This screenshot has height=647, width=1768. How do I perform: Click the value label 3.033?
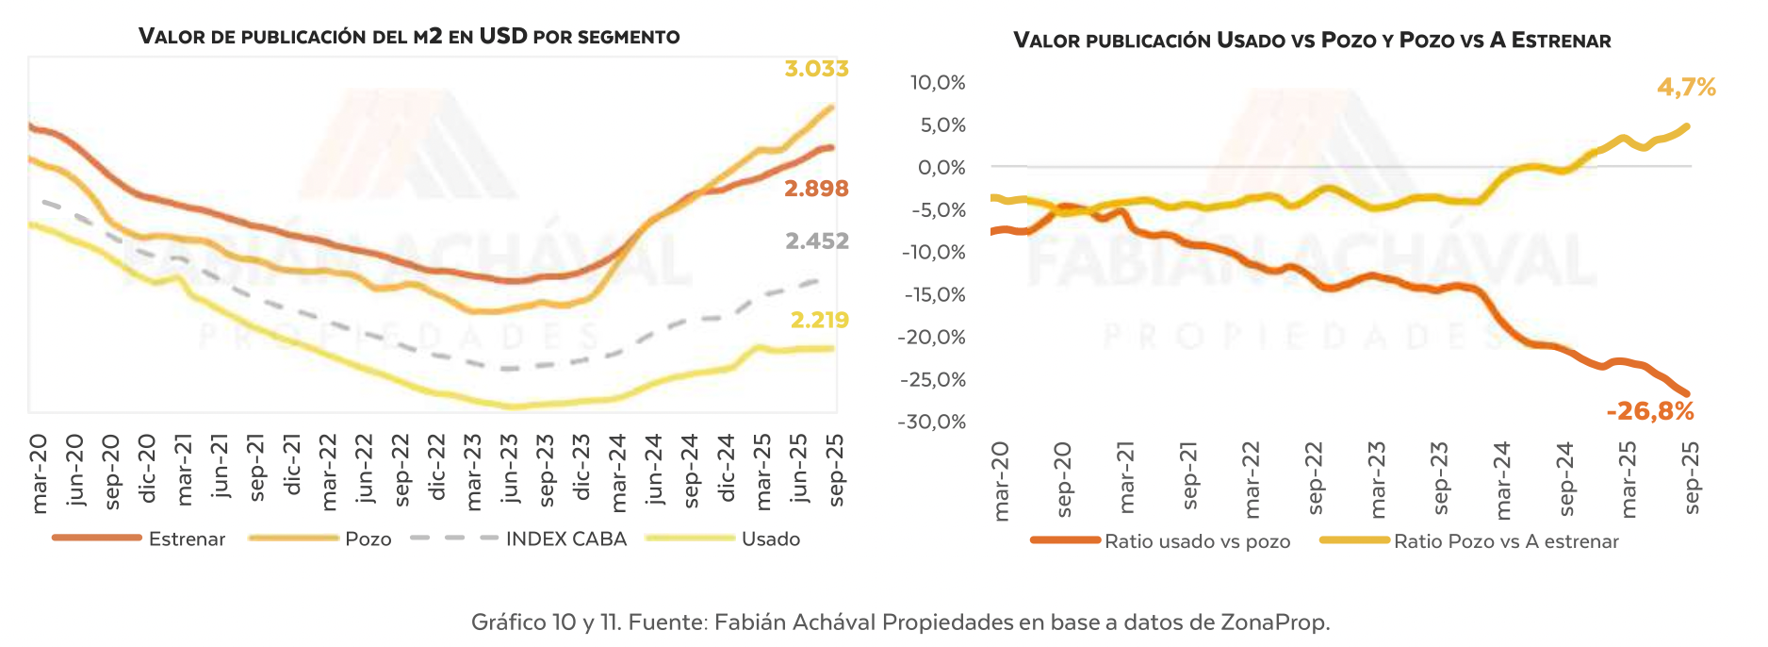click(816, 69)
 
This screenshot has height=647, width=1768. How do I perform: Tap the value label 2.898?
click(816, 189)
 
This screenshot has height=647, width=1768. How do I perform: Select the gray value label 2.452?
click(816, 241)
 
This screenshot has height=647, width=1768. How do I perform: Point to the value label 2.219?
click(819, 321)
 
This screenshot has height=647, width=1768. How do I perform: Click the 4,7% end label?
click(1686, 88)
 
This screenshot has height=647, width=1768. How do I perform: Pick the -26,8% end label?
click(1649, 411)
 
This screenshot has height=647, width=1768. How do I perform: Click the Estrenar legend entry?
click(187, 539)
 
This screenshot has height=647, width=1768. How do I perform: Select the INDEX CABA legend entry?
click(565, 539)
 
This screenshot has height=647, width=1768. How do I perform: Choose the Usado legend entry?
click(770, 539)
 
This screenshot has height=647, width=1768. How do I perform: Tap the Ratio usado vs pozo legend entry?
click(1197, 541)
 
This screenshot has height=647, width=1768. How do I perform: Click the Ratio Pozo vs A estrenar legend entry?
click(1506, 541)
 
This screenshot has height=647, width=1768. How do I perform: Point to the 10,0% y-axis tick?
click(937, 83)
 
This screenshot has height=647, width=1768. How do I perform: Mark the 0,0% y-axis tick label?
click(941, 168)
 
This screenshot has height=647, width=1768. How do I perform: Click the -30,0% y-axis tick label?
click(932, 422)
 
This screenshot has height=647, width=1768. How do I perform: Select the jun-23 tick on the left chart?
click(509, 469)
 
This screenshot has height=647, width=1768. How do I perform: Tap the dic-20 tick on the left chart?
click(146, 469)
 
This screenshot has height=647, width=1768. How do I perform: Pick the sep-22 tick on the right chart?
click(1315, 478)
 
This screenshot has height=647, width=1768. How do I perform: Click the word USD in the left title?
click(502, 37)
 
